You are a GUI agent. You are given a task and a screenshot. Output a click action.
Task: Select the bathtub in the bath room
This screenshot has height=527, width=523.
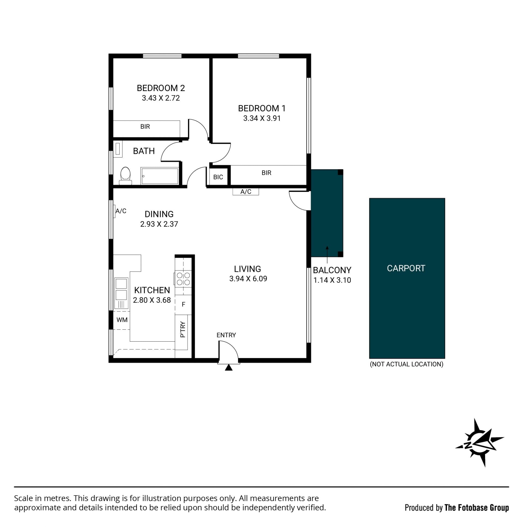pos(160,176)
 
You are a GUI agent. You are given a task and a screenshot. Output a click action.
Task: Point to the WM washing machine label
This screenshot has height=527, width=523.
pos(122,320)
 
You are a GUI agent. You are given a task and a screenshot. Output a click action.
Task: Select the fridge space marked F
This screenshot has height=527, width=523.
pos(183,305)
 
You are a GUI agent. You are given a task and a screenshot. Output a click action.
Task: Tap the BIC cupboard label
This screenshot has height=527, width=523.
pos(218,177)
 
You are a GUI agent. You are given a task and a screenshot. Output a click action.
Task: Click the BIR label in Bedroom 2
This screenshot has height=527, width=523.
pos(145,127)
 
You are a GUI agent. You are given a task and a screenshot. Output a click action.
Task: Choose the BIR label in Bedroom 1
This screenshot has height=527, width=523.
pos(266,173)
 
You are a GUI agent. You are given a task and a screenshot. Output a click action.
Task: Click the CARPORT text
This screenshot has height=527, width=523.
pos(406,269)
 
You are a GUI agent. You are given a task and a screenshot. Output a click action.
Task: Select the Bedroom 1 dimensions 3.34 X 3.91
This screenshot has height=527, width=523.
pos(262,118)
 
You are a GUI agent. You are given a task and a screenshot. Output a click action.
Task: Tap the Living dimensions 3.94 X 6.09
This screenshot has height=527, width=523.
pos(248,279)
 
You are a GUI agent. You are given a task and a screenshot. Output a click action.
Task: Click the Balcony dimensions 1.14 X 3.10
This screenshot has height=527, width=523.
pos(332,280)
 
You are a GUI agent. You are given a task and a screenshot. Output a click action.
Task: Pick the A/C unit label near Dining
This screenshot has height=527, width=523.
pos(121,211)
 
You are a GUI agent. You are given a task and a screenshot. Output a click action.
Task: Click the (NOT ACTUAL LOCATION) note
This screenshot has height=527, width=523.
pos(407,364)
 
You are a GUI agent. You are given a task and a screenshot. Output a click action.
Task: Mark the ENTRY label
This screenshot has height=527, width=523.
pos(226,335)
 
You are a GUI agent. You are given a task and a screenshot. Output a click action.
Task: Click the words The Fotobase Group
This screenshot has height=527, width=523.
pos(477,508)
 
